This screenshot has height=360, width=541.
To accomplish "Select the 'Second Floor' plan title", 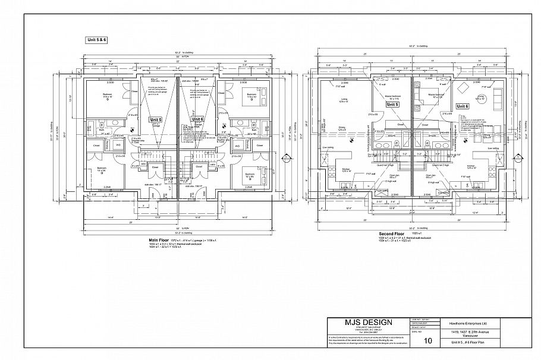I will tap(391, 234).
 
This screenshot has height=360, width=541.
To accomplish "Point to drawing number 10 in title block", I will tap(428, 341).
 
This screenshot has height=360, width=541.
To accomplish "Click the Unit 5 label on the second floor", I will tap(392, 105).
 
